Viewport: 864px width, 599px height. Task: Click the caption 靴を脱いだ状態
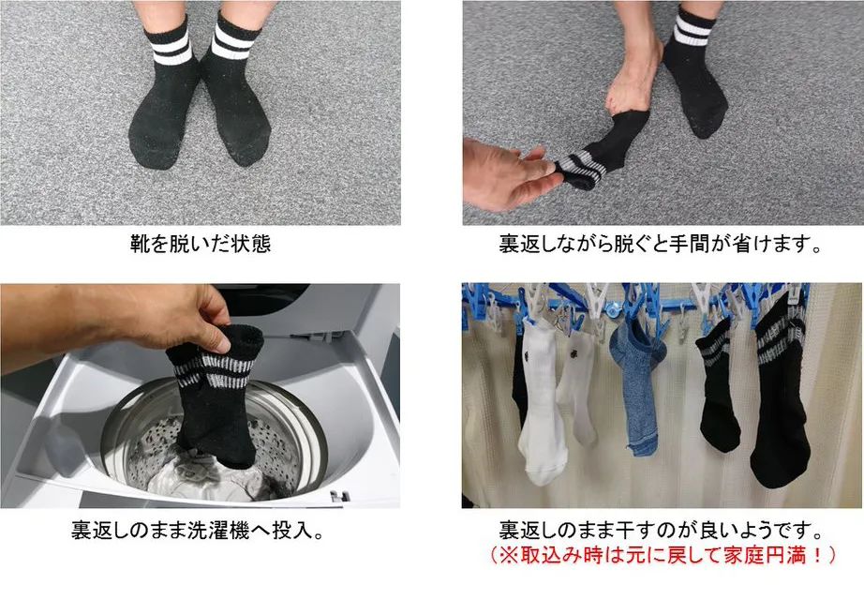[x=201, y=246]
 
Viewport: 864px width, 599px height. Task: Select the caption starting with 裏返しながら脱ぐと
[x=662, y=246]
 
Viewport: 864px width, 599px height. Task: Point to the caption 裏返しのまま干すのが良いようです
[x=662, y=531]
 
